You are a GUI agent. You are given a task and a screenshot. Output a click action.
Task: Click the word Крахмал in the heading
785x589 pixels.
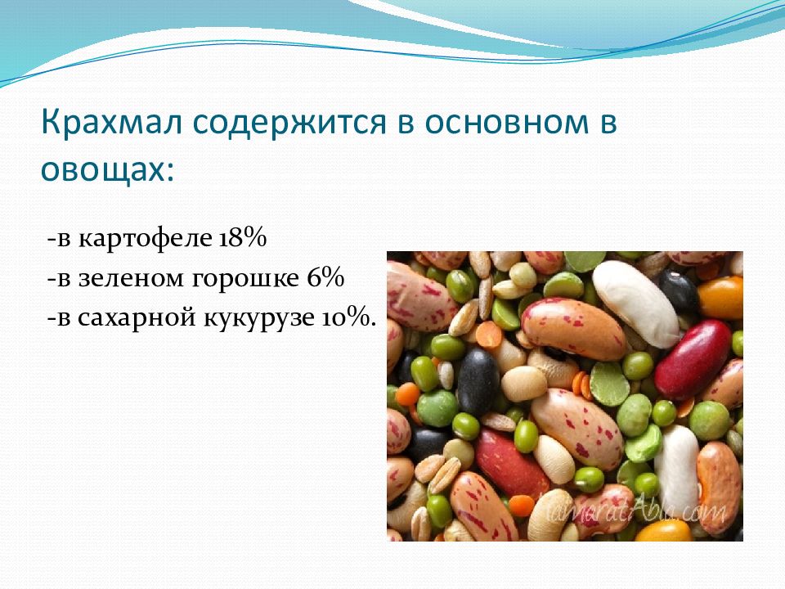click(x=111, y=122)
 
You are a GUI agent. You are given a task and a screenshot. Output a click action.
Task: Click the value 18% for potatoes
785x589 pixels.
click(x=242, y=236)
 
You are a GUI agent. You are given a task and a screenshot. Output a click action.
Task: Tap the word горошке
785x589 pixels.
click(x=245, y=280)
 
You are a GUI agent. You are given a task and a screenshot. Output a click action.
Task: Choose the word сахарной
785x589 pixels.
click(x=137, y=318)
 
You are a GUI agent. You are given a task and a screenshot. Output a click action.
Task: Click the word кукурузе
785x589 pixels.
click(x=259, y=320)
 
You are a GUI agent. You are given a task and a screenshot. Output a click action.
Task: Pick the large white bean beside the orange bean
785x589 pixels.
click(x=636, y=303)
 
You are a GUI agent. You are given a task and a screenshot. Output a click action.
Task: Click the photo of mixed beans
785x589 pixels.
click(x=565, y=396)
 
